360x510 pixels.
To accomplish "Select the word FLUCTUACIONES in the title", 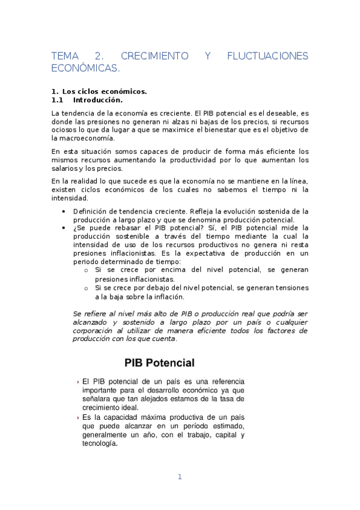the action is coord(267,56).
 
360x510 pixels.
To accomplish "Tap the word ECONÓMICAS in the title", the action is coord(86,69).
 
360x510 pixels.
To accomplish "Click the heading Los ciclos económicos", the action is coord(105,91).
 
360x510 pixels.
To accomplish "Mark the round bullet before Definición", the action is coord(64,211).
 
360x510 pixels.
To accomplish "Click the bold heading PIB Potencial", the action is coord(159,363).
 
